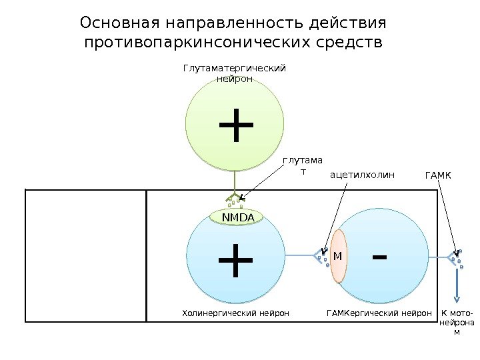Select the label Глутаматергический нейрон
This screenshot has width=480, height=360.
[x=235, y=73]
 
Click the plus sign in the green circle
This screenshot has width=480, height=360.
[x=235, y=125]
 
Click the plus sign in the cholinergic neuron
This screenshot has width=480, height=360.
[x=235, y=261]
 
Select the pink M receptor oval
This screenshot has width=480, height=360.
[x=338, y=256]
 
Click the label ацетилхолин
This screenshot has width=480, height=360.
[x=363, y=175]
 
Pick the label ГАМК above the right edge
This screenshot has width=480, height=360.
[x=438, y=175]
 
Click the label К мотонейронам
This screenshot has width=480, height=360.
[x=457, y=321]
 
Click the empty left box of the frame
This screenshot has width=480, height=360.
[x=85, y=255]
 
